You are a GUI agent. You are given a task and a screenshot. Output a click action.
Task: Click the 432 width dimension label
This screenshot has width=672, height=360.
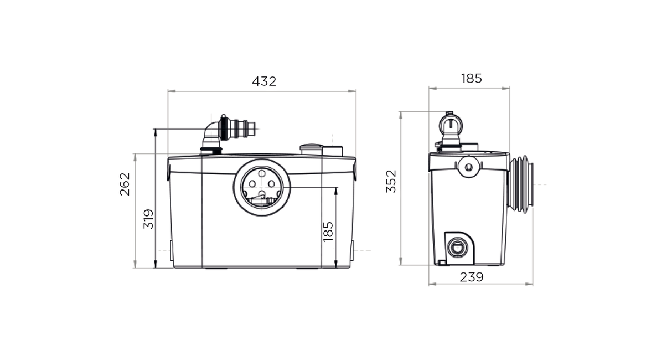tap(263, 81)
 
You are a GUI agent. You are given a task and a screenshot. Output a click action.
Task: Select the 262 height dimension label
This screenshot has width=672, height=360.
tap(125, 184)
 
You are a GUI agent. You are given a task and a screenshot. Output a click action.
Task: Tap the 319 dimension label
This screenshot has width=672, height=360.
tap(148, 219)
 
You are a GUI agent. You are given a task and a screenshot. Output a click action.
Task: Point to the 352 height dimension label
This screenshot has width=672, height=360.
tap(391, 181)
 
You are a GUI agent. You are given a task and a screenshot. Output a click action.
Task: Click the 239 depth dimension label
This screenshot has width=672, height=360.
tap(471, 277)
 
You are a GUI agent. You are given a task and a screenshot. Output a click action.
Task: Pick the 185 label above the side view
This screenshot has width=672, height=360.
tap(471, 78)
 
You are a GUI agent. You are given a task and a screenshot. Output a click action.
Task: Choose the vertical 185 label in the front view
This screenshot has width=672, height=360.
tap(328, 232)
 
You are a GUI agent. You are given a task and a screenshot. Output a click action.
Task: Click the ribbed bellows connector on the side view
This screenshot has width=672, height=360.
tap(521, 184)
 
